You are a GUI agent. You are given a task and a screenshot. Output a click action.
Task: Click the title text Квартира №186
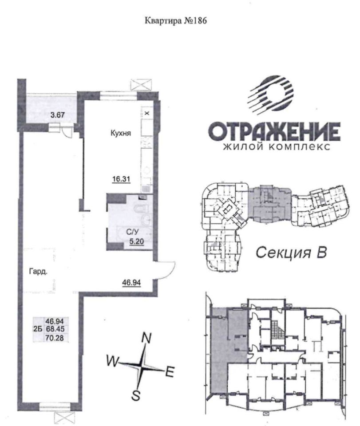pyautogui.click(x=175, y=21)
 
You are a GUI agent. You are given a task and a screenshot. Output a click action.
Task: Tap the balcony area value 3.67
pyautogui.click(x=58, y=115)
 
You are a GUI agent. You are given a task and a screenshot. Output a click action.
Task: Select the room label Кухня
pyautogui.click(x=121, y=133)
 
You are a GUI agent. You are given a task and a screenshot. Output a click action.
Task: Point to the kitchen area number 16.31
pyautogui.click(x=122, y=179)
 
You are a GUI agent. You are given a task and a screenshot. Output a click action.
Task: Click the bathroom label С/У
pyautogui.click(x=132, y=232)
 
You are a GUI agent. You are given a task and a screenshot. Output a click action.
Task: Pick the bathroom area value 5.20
pyautogui.click(x=136, y=241)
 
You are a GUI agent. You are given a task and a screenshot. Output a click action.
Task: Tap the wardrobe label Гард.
pyautogui.click(x=38, y=271)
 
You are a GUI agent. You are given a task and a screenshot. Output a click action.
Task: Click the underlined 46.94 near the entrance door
pyautogui.click(x=131, y=283)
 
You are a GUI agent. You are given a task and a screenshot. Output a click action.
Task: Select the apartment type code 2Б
pyautogui.click(x=37, y=329)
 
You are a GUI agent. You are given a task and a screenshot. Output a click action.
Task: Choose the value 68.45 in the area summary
pyautogui.click(x=55, y=329)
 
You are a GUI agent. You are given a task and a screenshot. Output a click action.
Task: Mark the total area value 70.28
pyautogui.click(x=55, y=338)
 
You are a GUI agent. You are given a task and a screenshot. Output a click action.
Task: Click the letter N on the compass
pyautogui.click(x=146, y=338)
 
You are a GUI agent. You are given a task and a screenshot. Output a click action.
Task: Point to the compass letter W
pyautogui.click(x=113, y=361)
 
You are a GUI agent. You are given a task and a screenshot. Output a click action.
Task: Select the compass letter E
pyautogui.click(x=170, y=372)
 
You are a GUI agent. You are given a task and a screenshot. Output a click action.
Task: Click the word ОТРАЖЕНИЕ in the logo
pyautogui.click(x=274, y=131)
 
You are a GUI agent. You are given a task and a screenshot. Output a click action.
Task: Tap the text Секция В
pyautogui.click(x=291, y=252)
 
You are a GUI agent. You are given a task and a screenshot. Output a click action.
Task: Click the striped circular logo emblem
pyautogui.click(x=271, y=94)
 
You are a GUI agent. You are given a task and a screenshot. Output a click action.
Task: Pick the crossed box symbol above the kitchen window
pyautogui.click(x=140, y=84)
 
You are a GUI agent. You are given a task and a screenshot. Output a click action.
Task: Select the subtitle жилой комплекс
pyautogui.click(x=277, y=146)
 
